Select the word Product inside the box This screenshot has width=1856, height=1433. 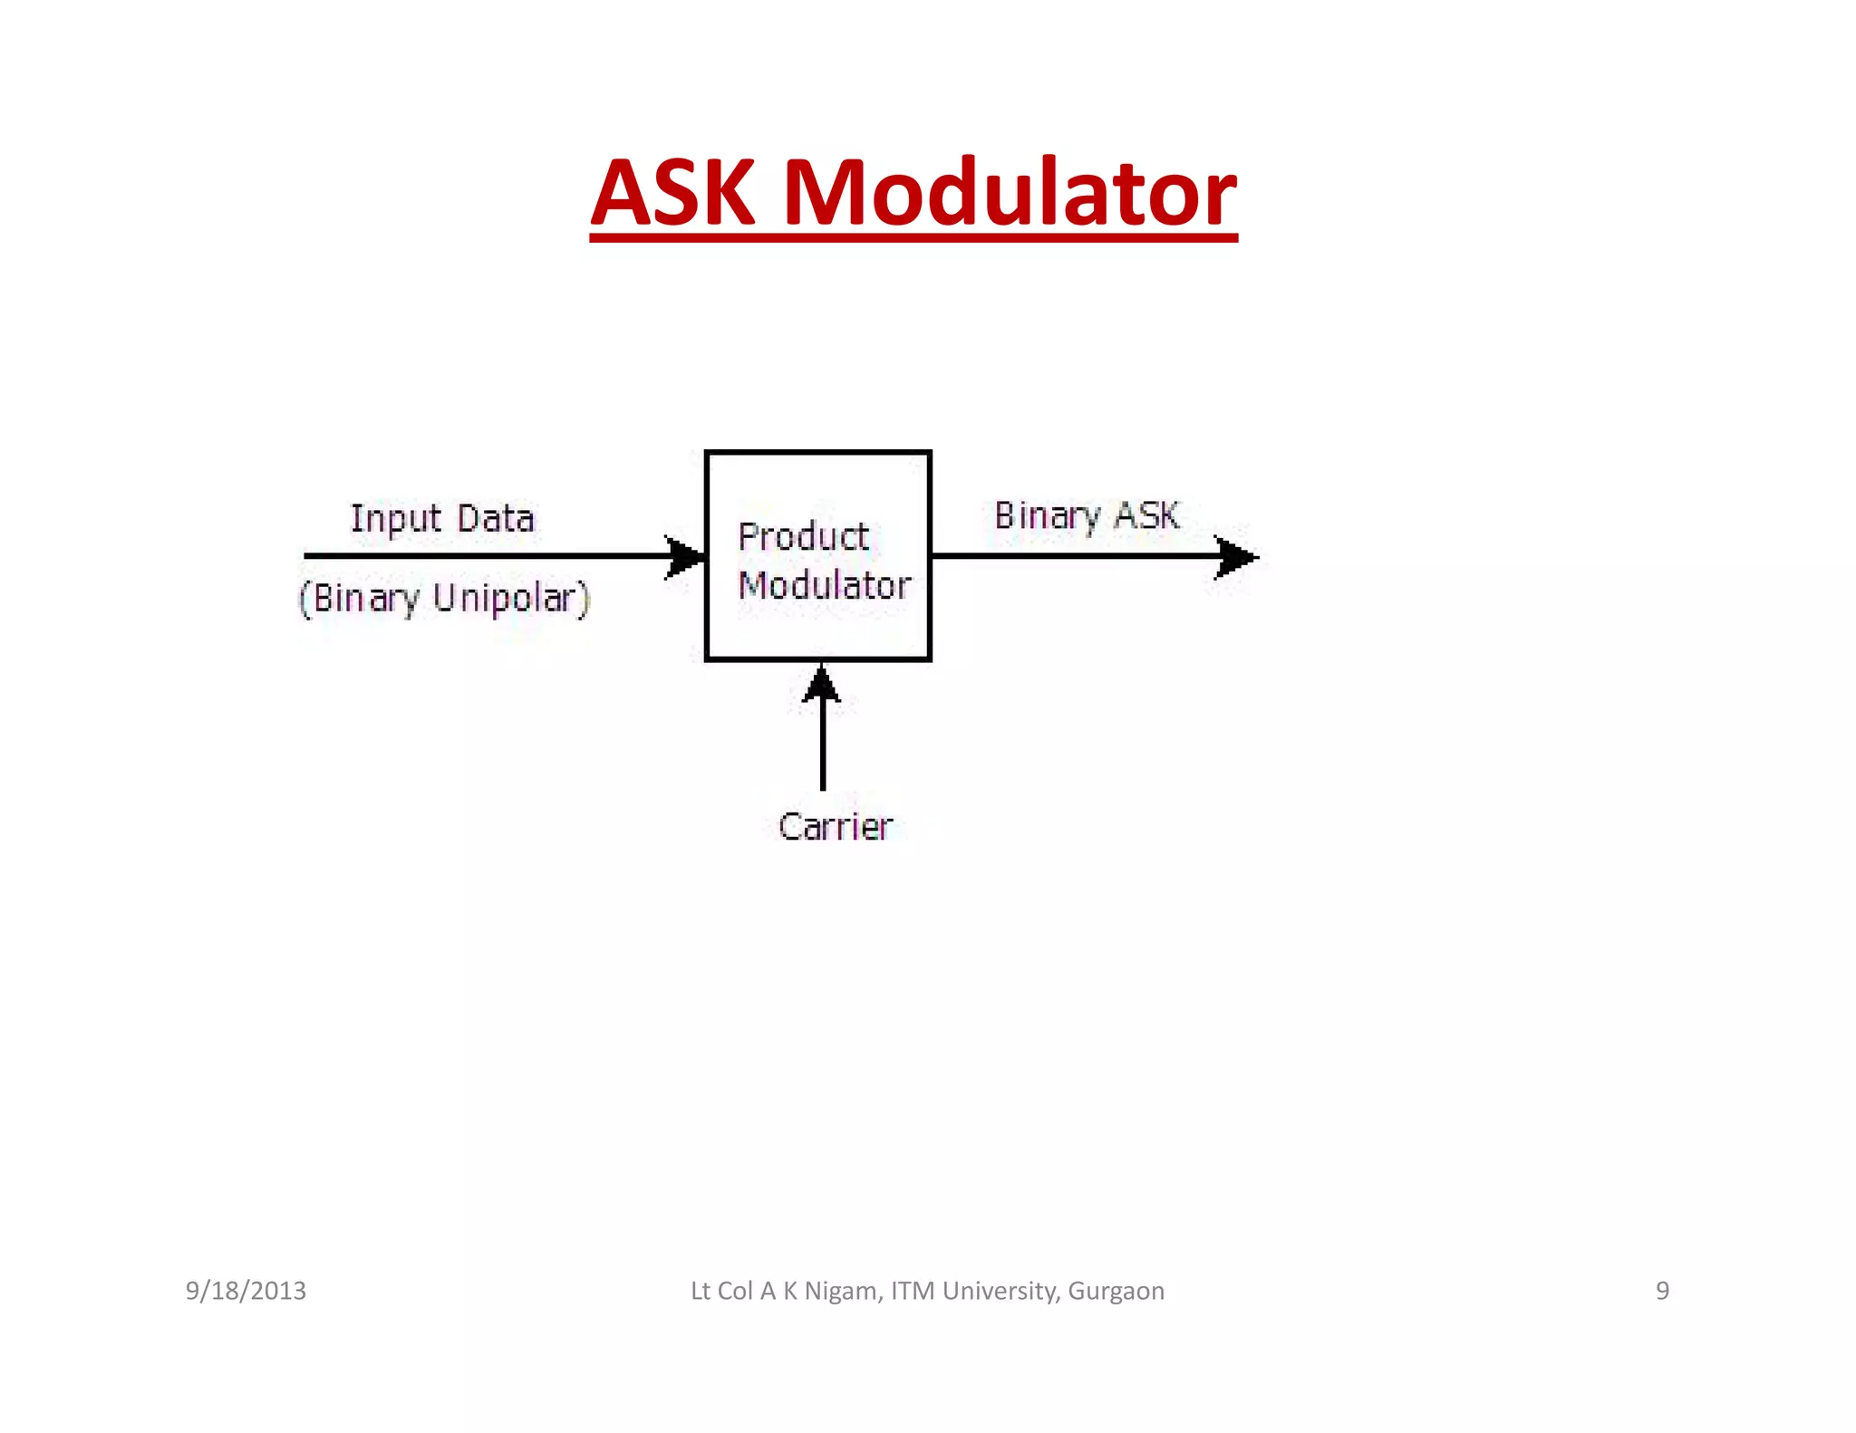coord(804,537)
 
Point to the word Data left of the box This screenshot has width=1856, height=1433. coord(496,519)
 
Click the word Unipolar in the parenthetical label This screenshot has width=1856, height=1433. coord(512,599)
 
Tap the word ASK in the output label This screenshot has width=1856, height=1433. coord(1147,515)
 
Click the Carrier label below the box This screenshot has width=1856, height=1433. coord(836,827)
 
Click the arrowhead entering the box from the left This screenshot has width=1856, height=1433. coord(685,556)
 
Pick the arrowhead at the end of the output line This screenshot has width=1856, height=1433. coord(1235,557)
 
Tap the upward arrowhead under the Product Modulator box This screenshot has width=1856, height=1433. coord(822,686)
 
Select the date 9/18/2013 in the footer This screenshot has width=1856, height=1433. coord(246,1291)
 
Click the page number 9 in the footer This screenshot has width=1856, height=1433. coord(1662,1291)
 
